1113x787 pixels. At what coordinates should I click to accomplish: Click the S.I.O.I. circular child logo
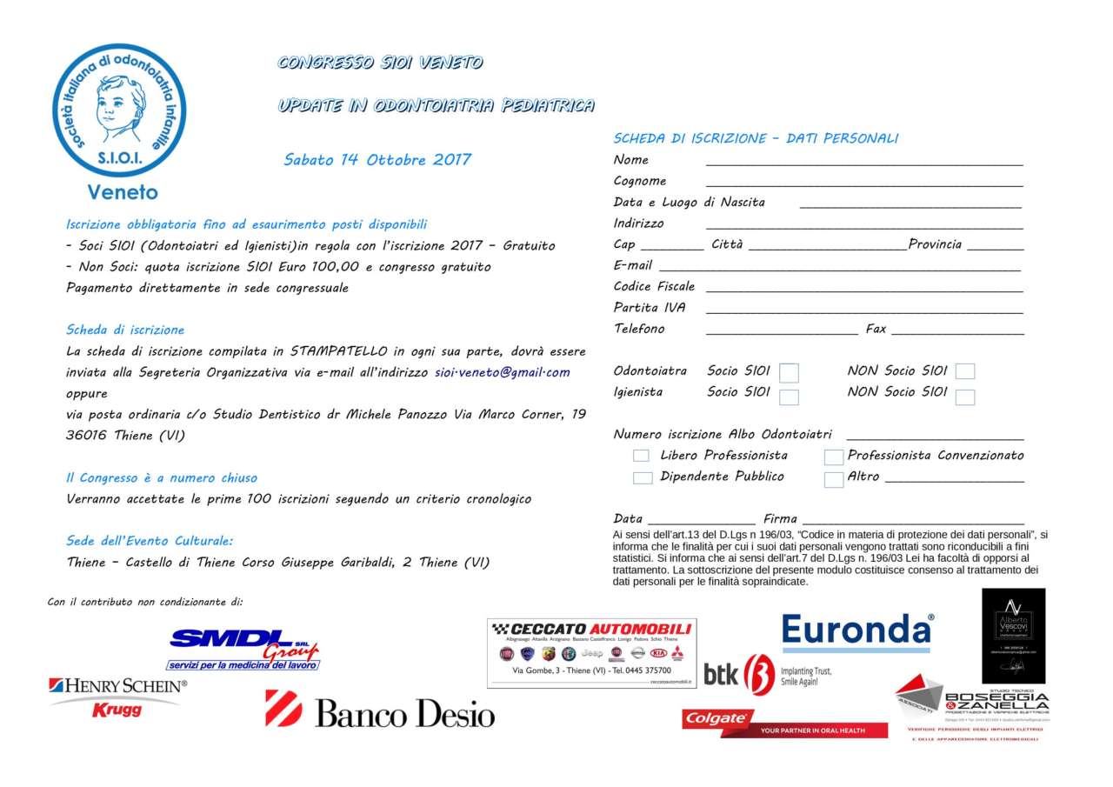119,110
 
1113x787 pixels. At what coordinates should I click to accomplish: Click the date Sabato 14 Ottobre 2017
377,160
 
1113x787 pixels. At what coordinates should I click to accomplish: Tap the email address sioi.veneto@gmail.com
503,372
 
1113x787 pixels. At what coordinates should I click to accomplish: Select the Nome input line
863,161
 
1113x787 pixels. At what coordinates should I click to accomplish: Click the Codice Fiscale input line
863,288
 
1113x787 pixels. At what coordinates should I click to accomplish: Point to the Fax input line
956,330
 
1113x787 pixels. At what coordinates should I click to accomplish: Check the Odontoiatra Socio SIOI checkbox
789,373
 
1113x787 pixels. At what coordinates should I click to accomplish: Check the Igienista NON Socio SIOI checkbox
964,397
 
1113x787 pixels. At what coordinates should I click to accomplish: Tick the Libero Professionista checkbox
641,456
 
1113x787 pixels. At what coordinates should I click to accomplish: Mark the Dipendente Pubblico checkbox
642,477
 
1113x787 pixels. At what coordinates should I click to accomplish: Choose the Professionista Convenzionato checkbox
834,457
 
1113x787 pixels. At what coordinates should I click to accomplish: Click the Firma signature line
913,520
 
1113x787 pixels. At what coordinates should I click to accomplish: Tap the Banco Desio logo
380,710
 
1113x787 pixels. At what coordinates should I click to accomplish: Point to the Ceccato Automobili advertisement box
591,652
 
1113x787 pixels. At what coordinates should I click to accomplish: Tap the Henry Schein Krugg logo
117,697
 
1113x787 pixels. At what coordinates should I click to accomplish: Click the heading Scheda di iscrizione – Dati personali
756,138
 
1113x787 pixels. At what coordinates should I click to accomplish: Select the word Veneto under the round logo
123,192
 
